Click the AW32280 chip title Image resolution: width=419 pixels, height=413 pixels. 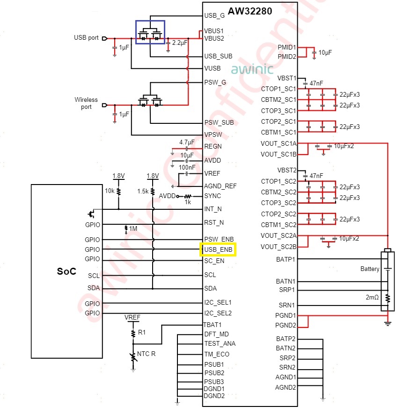coord(250,11)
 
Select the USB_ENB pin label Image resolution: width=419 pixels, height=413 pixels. coord(218,249)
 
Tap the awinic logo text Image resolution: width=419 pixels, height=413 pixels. coord(252,69)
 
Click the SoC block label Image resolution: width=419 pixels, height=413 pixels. coord(66,271)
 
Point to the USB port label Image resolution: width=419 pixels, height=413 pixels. coord(86,37)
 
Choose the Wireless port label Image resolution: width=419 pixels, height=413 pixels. coord(86,103)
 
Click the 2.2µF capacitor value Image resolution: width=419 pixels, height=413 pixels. coord(180,43)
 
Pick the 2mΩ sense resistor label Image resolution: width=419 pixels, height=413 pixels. coord(372,297)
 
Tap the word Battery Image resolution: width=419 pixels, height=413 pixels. coord(370,269)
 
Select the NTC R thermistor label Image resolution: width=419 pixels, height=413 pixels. coord(146,354)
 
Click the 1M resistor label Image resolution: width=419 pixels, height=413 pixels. coord(133,228)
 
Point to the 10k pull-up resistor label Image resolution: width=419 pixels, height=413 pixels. coord(110,191)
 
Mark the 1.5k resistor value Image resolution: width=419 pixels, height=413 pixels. coord(143,192)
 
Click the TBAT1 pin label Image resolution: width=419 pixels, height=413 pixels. coord(213,325)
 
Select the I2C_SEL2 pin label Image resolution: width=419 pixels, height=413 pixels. coord(218,313)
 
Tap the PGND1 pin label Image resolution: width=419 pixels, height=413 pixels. coord(286,315)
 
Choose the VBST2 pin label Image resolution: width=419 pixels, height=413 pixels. coord(287,170)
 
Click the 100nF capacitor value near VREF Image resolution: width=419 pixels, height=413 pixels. coord(187,167)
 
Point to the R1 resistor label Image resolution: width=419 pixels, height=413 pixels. coord(142,332)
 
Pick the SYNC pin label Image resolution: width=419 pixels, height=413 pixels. coord(213,196)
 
